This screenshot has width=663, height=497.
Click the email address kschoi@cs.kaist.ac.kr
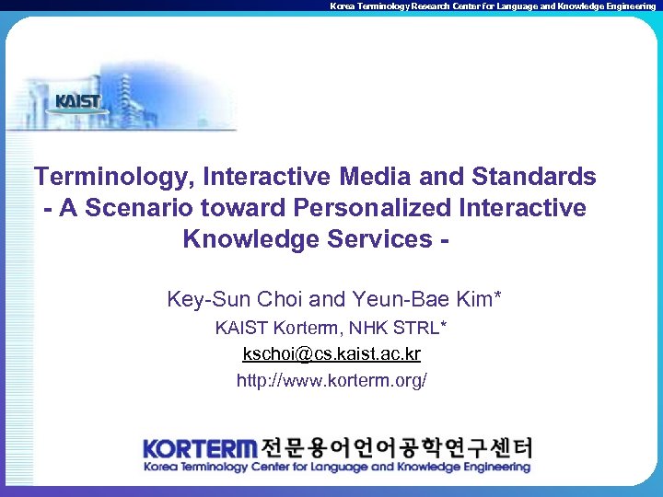[x=331, y=353]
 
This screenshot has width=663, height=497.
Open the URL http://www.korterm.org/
[x=331, y=380]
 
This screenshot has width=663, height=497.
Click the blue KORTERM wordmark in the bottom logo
[x=200, y=449]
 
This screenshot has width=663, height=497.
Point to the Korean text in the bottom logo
[x=396, y=448]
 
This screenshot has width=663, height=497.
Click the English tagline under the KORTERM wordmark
[x=337, y=468]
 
